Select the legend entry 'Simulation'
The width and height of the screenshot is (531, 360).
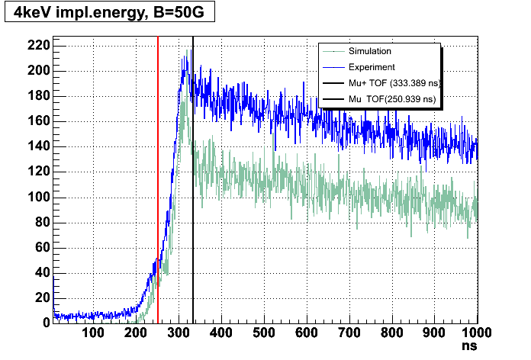point(369,52)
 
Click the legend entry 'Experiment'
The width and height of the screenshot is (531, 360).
point(371,67)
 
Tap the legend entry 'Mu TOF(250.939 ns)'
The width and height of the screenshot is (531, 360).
point(391,98)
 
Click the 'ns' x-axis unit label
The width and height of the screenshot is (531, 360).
point(471,346)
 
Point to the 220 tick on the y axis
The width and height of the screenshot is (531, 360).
point(40,46)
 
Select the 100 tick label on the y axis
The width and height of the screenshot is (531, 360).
point(40,197)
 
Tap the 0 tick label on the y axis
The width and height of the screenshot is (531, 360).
point(45,323)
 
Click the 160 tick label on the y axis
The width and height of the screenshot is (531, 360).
point(40,121)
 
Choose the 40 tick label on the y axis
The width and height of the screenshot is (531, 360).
point(42,272)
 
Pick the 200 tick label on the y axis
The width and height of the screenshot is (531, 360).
point(40,71)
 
